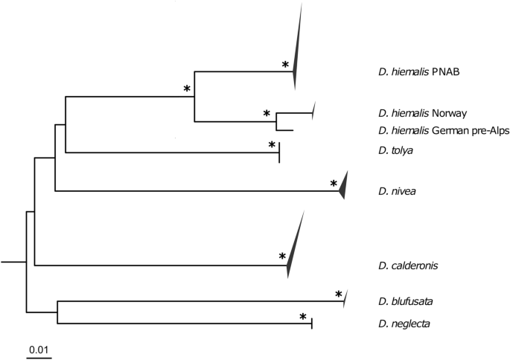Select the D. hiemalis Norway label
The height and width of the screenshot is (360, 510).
421,113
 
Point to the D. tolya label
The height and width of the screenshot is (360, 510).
395,151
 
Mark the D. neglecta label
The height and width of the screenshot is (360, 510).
403,323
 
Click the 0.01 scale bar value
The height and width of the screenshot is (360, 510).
39,348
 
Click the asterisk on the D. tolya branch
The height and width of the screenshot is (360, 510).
272,145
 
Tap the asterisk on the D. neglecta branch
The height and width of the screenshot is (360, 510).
303,317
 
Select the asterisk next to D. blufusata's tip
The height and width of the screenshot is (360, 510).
339,295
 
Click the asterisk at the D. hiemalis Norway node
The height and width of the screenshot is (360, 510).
266,113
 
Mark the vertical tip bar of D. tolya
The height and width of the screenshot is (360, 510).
279,153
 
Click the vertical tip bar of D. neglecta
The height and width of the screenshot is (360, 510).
311,323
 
